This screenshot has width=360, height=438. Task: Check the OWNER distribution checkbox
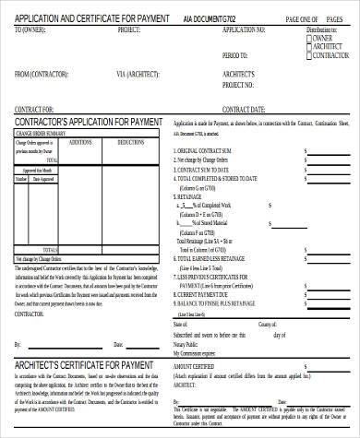310,39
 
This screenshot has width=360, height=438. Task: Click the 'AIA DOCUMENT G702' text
208,18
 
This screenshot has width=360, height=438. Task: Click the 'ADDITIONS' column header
81,143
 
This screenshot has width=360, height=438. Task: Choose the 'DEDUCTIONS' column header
131,143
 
